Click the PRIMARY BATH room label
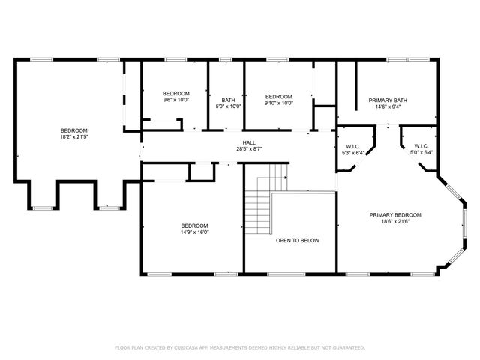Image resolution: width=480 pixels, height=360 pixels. pos(388,100)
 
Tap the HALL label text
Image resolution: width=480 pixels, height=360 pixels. pos(249,142)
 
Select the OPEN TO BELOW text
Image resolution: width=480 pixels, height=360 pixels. pos(298,240)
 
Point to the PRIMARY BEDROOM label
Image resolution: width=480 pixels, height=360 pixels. pos(395,215)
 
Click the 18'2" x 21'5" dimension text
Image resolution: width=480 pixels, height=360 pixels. pos(74,136)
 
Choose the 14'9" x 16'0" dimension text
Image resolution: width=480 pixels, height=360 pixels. pos(195,232)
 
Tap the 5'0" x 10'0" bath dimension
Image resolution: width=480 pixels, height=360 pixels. pos(228,106)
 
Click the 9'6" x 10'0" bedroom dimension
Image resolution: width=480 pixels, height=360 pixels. pos(176,100)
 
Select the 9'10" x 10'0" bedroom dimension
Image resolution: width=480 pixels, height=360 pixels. pos(279,103)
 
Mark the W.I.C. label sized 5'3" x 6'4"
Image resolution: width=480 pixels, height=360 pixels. pos(353,147)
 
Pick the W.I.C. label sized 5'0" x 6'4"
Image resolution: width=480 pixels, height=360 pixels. pos(421,146)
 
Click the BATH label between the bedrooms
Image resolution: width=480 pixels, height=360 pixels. pos(228,100)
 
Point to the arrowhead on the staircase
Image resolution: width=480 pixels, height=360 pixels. pos(286,178)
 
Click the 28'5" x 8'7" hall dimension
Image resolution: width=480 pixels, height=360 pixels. pos(249,149)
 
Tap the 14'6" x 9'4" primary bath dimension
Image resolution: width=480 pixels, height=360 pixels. pos(388,106)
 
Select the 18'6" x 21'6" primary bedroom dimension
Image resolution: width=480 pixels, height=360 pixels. pos(395,222)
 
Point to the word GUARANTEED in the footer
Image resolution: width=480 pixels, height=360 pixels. pos(347,347)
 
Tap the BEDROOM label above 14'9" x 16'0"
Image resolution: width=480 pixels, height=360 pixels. pos(195,226)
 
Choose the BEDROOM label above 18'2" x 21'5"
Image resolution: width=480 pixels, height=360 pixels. pos(74,130)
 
